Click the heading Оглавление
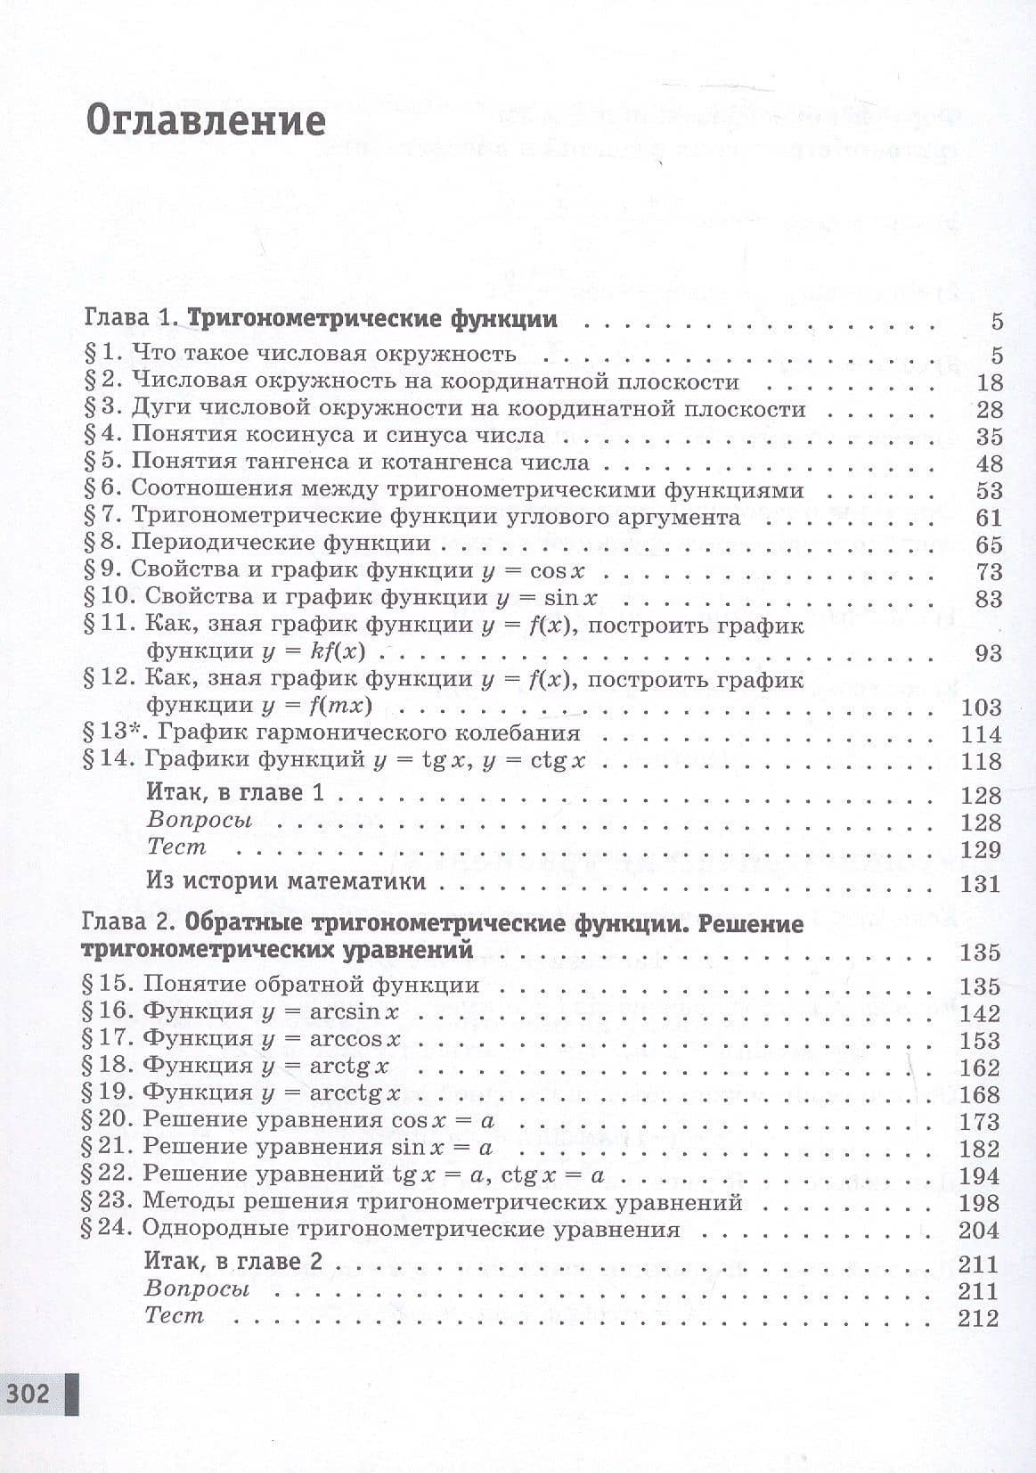pos(205,119)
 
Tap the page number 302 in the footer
pos(29,1392)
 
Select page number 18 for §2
pos(989,382)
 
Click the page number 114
pos(981,734)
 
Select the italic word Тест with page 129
pos(175,847)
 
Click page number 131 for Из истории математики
pos(981,883)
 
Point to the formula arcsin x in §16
pos(354,1012)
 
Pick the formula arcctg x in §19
pos(355,1093)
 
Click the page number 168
pos(980,1094)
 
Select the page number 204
pos(980,1231)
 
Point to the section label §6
pos(101,489)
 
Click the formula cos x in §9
pos(557,570)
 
